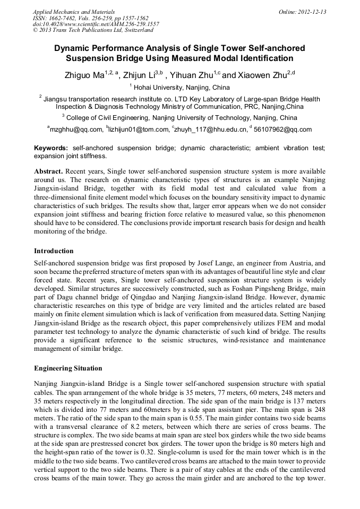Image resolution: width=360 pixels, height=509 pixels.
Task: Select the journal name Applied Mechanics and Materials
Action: point(74,11)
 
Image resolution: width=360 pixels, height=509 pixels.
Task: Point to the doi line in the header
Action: point(96,24)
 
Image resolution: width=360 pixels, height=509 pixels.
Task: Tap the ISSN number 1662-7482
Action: point(65,18)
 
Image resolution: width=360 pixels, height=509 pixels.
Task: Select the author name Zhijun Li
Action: point(139,75)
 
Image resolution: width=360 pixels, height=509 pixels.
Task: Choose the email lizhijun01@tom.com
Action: point(138,129)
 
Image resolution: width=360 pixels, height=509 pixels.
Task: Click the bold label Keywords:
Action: point(51,148)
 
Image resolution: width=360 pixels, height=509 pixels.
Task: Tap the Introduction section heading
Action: point(54,251)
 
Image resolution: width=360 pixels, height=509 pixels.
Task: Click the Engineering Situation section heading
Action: point(68,368)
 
